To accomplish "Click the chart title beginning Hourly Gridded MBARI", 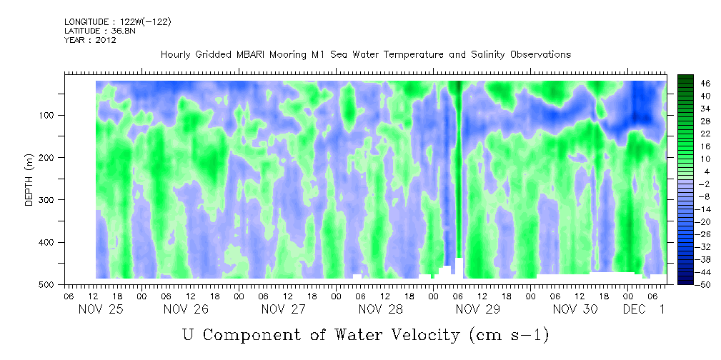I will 365,54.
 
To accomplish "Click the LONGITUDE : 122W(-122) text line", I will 118,22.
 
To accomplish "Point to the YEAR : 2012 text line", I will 90,40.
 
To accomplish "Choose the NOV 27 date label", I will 284,309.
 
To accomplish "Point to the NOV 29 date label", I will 477,309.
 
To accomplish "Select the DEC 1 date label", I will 645,309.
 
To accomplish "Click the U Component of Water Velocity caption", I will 365,334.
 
